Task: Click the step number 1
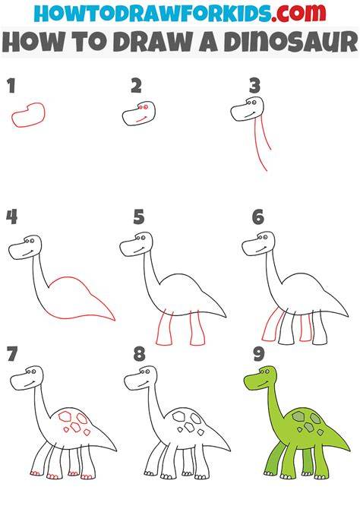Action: (x=11, y=86)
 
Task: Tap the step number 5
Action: (x=139, y=217)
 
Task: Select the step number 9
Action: (x=259, y=353)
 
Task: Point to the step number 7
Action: (x=12, y=354)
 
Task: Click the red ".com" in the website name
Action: (x=298, y=13)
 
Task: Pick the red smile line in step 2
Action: (x=141, y=119)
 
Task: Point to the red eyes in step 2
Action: (x=143, y=106)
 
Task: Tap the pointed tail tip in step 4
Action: (x=114, y=320)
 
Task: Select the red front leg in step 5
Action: (x=164, y=328)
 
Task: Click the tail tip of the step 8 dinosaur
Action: (x=230, y=451)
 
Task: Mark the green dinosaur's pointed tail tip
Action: (x=349, y=450)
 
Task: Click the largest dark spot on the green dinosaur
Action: (x=298, y=416)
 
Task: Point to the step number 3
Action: (x=255, y=86)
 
